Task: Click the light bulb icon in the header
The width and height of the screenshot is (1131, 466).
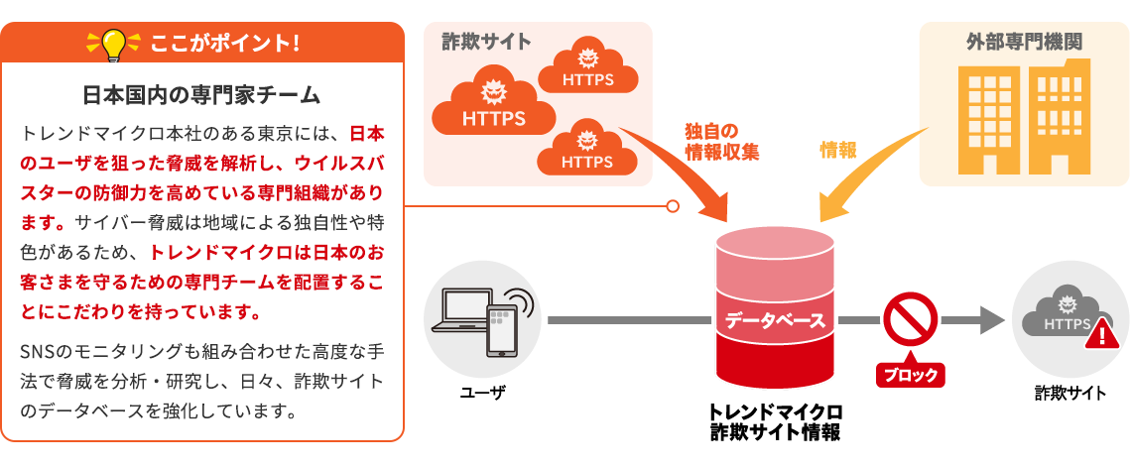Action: click(x=110, y=44)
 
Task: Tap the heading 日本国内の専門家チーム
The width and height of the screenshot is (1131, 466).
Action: click(x=201, y=95)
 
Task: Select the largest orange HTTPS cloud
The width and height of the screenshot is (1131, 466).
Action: click(x=493, y=107)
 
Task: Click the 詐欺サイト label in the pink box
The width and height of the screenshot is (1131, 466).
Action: click(x=486, y=42)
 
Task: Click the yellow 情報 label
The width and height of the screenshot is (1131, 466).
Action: click(x=838, y=150)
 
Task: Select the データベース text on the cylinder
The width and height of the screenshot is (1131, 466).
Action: click(x=775, y=320)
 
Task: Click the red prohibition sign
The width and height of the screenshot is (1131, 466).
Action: click(x=910, y=319)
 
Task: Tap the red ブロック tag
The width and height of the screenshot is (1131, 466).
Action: click(x=910, y=375)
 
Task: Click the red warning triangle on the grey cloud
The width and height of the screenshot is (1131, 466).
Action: click(x=1101, y=335)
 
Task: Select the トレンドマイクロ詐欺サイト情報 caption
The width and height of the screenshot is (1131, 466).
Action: click(x=775, y=421)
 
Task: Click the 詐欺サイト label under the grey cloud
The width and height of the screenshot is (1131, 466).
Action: click(x=1070, y=393)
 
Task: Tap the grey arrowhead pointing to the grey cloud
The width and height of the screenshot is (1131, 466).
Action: click(x=992, y=320)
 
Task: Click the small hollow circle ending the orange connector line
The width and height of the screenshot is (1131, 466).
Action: click(x=673, y=206)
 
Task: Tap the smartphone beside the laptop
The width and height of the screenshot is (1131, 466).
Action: click(x=502, y=329)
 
